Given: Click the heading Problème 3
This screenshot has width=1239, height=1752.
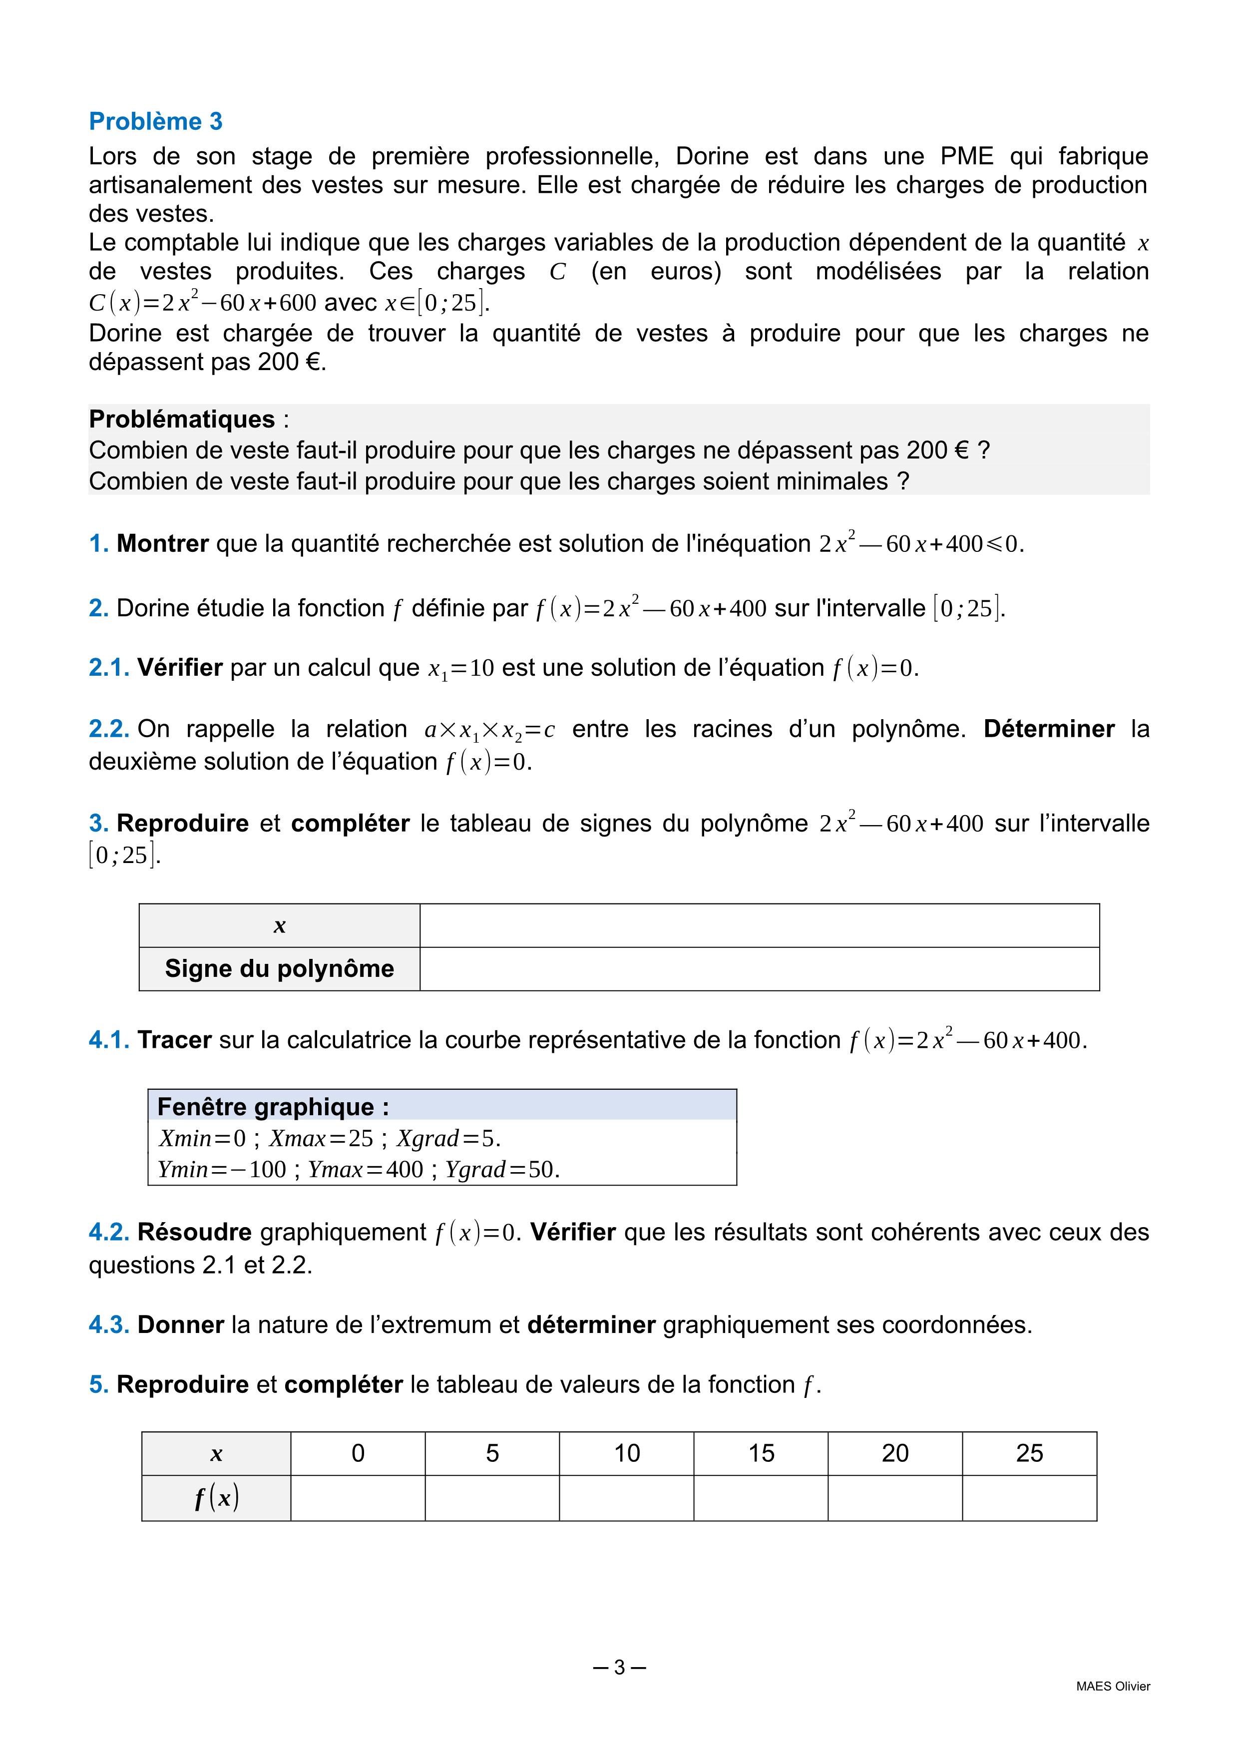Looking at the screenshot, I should (156, 121).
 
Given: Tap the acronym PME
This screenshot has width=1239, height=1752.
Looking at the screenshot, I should (967, 156).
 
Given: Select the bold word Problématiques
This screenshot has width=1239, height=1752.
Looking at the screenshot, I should (182, 419).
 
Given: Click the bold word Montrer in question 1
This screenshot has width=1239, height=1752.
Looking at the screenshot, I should (162, 543).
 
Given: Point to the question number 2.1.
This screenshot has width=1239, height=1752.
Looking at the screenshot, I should (108, 668).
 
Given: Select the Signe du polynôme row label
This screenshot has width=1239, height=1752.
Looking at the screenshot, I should (279, 968).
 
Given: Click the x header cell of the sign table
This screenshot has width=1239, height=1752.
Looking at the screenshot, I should (279, 925).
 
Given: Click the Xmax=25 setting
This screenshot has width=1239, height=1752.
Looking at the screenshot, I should (321, 1139).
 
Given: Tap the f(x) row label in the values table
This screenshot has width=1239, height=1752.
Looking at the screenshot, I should (217, 1498).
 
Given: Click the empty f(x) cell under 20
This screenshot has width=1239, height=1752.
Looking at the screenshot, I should (895, 1498).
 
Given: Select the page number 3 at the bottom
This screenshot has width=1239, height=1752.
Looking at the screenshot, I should (619, 1667).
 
